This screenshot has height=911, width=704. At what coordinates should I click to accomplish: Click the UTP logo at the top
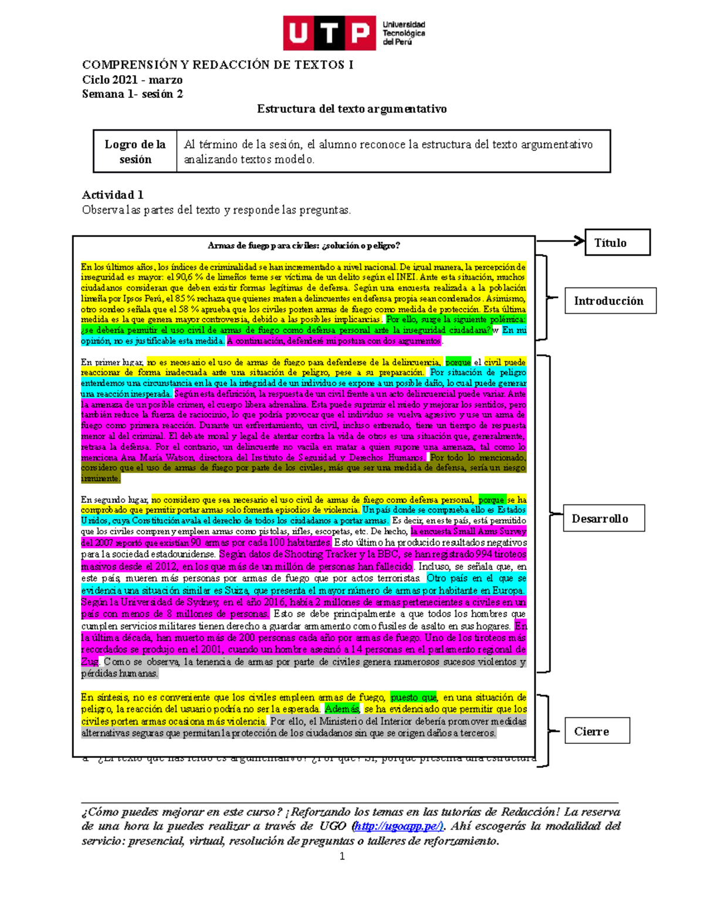pos(354,33)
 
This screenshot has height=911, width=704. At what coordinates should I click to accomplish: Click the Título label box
pos(617,242)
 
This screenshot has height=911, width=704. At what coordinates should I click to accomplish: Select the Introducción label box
pos(610,301)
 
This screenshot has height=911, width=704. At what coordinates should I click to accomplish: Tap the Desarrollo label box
pos(604,519)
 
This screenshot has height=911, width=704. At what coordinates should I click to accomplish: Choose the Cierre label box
pos(597,731)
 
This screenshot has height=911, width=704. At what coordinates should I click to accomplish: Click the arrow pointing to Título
pos(560,241)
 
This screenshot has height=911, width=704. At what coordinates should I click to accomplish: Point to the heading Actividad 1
pos(113,195)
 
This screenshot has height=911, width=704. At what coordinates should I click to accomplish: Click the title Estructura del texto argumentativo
pos(351,109)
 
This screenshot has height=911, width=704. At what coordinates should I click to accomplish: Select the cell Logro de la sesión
pos(135,151)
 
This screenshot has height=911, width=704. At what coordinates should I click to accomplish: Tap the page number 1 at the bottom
pos(342,856)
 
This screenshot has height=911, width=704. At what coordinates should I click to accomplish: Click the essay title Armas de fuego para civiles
pos(304,246)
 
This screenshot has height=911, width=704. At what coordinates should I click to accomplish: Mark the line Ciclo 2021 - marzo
pos(132,80)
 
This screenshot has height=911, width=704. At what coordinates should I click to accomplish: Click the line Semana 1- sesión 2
pos(132,94)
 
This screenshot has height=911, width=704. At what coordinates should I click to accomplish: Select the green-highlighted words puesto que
pos(413,697)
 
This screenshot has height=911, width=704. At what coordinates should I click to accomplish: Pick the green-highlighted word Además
pos(341,709)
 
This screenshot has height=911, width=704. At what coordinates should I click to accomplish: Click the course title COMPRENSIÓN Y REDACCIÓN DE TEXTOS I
pos(218,65)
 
